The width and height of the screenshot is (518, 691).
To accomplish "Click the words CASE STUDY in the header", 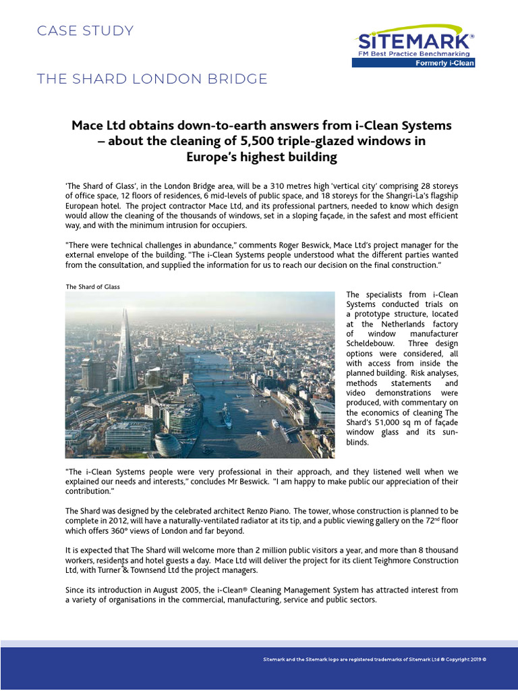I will [x=85, y=31].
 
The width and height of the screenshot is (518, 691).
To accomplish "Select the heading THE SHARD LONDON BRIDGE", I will [x=152, y=79].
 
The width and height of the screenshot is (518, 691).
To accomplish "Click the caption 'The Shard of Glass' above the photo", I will [x=92, y=287].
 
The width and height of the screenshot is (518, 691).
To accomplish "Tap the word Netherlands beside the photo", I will [x=391, y=324].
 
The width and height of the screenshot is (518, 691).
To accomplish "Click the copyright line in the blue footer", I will [x=374, y=658].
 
